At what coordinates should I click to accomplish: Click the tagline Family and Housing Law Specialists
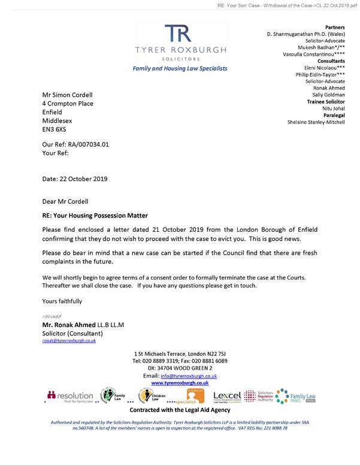click(180, 68)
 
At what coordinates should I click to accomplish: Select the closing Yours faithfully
click(62, 301)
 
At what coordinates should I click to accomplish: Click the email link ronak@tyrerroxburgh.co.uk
click(69, 340)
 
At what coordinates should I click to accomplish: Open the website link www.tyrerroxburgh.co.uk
click(180, 382)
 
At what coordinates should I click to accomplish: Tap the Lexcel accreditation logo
click(227, 397)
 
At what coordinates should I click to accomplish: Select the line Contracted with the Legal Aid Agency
click(180, 410)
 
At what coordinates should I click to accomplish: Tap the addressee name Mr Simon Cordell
click(68, 95)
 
